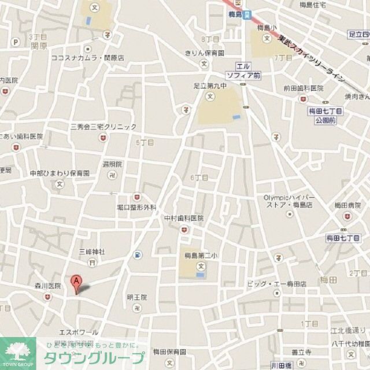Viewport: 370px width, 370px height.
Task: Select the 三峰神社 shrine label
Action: pos(92,251)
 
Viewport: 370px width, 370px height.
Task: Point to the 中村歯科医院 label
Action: pos(184,218)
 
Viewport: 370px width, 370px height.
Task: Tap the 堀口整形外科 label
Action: pos(136,206)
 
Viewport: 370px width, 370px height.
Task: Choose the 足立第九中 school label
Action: pos(210,86)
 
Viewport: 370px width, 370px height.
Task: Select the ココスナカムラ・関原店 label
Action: pos(88,58)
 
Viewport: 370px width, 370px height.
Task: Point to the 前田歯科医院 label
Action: pos(303,88)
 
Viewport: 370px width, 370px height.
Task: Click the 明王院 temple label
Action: pos(137,297)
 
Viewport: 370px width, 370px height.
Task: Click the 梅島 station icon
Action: pos(247,16)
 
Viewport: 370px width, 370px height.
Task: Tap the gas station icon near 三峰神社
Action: pos(137,254)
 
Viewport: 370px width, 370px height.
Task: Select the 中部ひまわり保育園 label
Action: pos(60,173)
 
